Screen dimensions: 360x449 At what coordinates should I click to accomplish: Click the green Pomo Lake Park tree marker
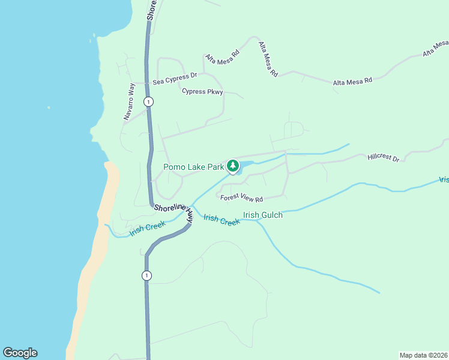tap(233, 166)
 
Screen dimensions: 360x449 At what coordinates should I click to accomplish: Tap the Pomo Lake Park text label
tap(193, 167)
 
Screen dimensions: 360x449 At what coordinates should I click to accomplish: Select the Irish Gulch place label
tap(262, 215)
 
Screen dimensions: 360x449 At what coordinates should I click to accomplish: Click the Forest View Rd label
tap(242, 199)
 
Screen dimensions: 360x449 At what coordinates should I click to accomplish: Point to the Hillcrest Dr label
tap(384, 158)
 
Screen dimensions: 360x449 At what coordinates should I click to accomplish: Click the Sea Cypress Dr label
tap(175, 79)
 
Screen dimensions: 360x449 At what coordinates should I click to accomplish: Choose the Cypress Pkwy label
tap(202, 92)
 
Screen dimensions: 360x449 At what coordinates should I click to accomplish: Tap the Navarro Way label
tap(130, 103)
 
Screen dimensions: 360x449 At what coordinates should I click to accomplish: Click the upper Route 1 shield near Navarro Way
tap(148, 102)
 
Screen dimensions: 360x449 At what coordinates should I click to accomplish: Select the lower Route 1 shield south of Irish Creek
tap(146, 275)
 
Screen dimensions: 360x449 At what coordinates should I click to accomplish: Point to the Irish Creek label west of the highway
tap(147, 228)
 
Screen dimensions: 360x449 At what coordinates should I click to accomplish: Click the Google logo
tap(20, 353)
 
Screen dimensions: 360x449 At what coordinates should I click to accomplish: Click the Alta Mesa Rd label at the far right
tap(435, 48)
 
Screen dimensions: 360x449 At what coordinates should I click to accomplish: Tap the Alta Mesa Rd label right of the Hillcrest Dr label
tap(352, 80)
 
